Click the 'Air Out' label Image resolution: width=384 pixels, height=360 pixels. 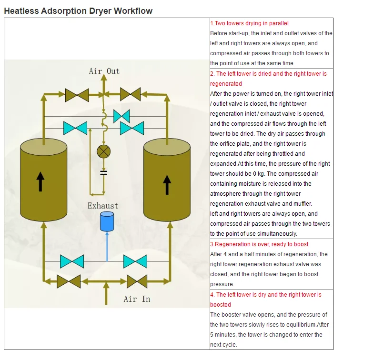tap(104, 71)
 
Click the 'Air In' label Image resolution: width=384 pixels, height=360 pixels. tap(137, 299)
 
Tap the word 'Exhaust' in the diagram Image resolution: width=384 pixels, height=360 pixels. tap(102, 206)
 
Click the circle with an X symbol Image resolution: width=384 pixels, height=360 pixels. tap(103, 151)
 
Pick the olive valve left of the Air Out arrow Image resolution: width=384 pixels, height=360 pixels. tap(77, 94)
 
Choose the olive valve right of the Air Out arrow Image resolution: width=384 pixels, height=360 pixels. tap(130, 94)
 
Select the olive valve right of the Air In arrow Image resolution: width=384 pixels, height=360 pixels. tap(137, 281)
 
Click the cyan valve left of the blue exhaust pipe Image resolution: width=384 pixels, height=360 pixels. tap(72, 261)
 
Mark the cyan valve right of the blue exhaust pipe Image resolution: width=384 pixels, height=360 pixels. tap(135, 261)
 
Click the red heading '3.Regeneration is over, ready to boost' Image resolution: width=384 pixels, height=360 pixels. tap(259, 244)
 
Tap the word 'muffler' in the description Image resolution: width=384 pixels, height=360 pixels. tap(302, 204)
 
